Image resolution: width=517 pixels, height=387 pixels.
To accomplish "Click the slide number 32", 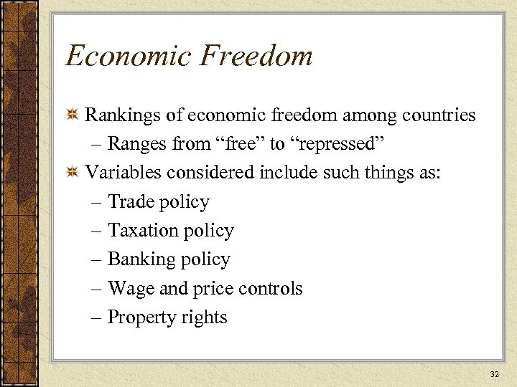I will point(493,374).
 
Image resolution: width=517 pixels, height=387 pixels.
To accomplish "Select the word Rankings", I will point(119,115).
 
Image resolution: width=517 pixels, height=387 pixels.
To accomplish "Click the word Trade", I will point(130,202).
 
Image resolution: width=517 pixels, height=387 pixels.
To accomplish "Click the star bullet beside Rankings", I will point(72,115).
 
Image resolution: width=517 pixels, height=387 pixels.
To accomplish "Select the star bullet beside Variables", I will point(72,173).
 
